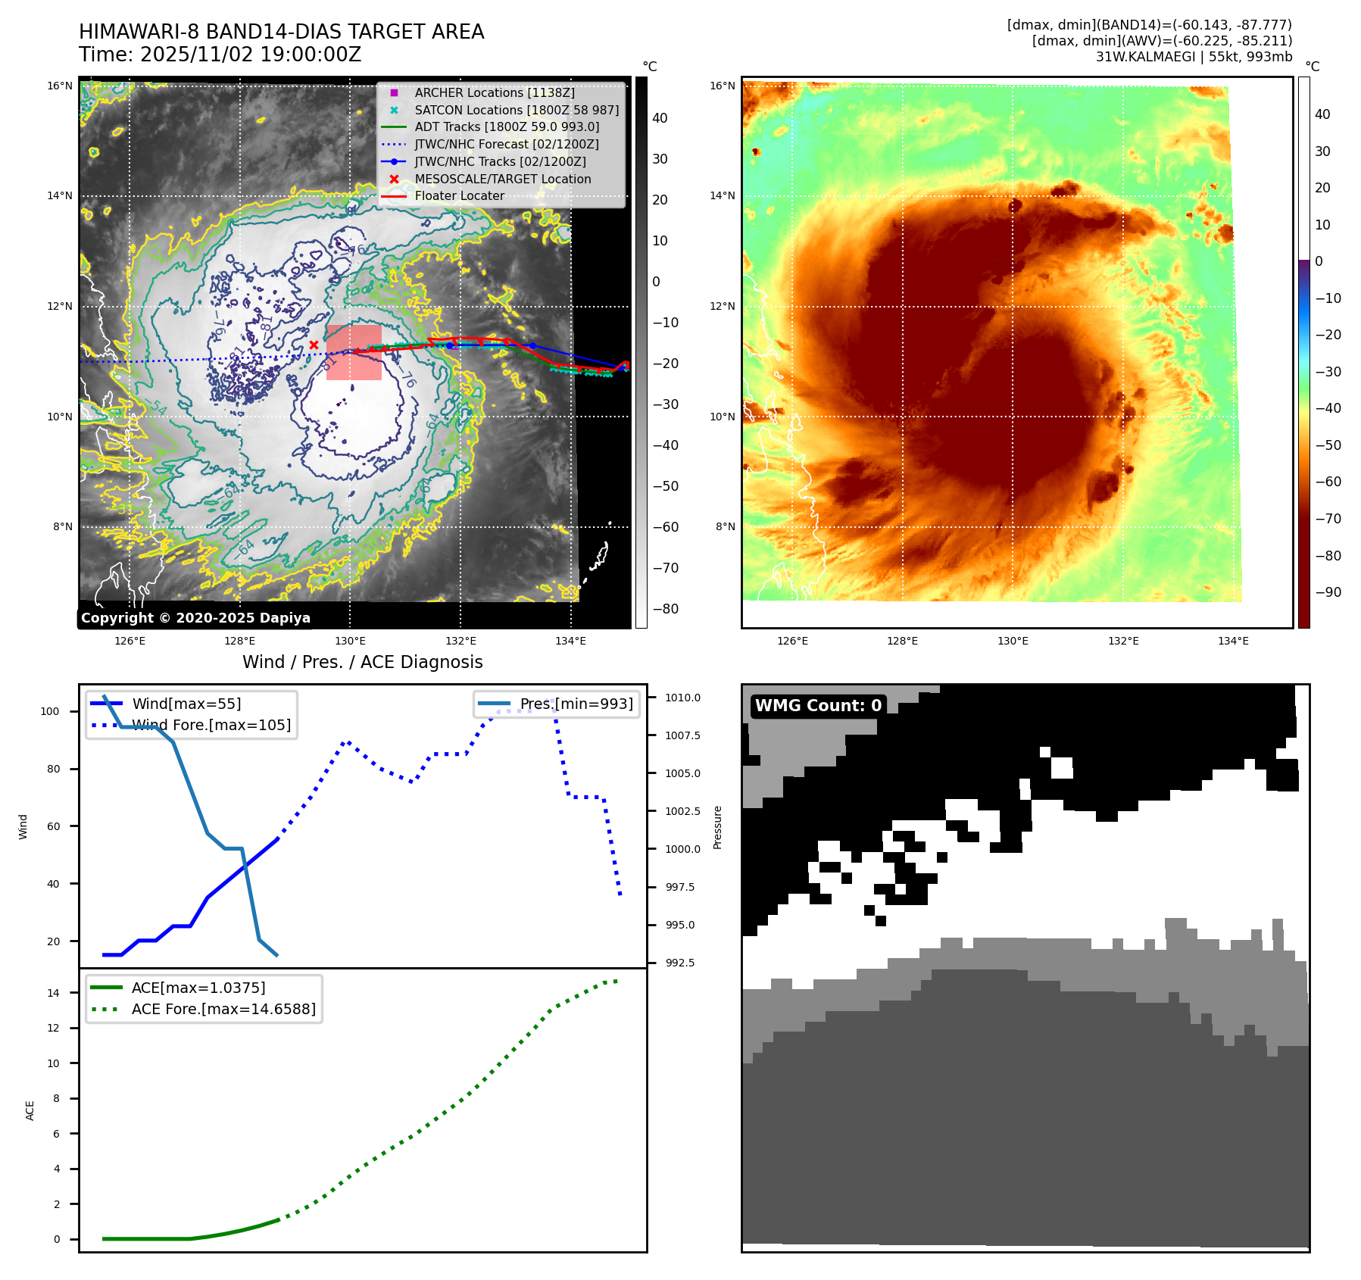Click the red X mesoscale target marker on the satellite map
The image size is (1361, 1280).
[314, 345]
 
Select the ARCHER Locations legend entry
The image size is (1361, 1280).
[494, 92]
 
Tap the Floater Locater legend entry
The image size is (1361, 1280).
[459, 195]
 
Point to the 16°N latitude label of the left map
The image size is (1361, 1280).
[60, 86]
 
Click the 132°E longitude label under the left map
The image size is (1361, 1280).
[460, 641]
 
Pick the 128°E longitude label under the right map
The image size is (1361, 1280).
[902, 641]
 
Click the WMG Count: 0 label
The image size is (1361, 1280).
[818, 705]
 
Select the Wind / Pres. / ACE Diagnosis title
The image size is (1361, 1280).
[362, 662]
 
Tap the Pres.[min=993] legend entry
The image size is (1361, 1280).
[576, 704]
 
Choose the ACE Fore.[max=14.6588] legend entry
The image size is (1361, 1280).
[223, 1009]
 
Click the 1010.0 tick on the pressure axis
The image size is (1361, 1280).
[682, 698]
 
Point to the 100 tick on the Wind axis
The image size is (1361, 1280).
[50, 711]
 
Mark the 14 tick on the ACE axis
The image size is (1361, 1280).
[53, 993]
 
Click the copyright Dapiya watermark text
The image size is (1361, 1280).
[195, 618]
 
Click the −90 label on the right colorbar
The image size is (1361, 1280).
[1328, 592]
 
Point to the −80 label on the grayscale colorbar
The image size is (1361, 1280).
[665, 609]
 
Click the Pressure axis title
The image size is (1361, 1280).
[717, 827]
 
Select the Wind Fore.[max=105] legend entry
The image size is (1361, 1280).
[211, 725]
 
